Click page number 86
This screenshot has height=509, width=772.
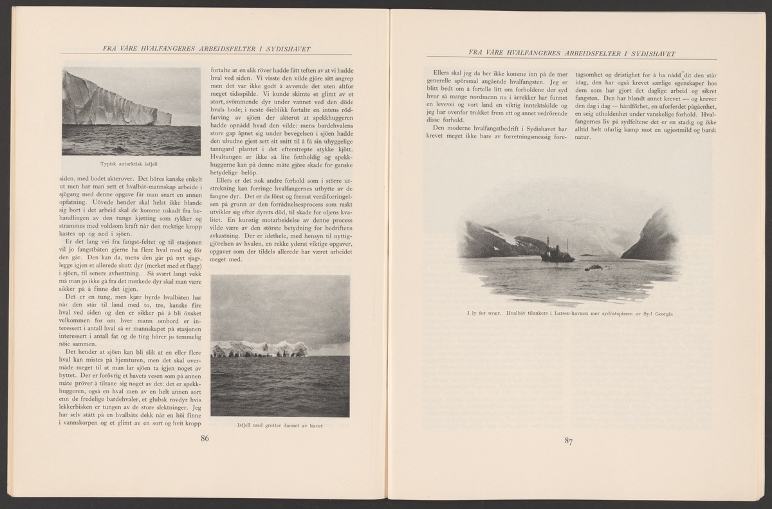point(205,439)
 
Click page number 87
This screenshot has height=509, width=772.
point(568,441)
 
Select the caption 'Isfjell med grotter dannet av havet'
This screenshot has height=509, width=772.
point(280,425)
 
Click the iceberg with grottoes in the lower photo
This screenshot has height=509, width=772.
point(260,349)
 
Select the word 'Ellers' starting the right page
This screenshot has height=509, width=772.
point(445,74)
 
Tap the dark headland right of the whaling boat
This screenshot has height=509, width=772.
point(651,238)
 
